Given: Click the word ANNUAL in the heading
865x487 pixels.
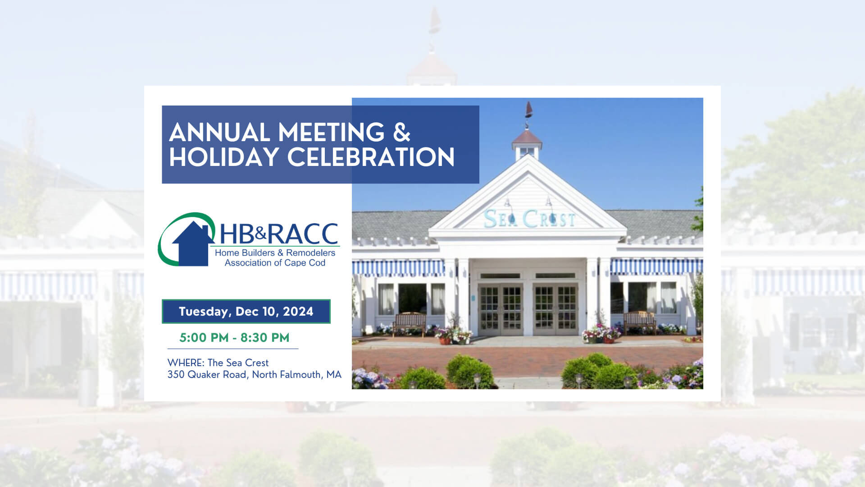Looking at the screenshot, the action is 219,133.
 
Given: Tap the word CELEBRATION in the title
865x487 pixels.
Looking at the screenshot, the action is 371,157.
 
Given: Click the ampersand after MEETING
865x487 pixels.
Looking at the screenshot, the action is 401,133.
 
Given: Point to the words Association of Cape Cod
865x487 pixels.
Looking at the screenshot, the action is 275,263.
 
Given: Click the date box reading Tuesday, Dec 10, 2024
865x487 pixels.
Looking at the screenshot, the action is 246,312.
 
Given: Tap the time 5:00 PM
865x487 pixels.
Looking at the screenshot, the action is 204,338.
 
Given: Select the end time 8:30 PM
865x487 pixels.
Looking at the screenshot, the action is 265,338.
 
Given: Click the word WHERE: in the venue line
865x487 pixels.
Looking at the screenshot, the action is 186,363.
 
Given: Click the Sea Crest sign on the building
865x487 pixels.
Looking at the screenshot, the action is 529,219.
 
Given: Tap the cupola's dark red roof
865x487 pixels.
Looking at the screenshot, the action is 527,137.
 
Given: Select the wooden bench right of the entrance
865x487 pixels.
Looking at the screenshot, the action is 640,322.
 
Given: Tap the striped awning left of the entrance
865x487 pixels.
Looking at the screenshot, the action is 398,267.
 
